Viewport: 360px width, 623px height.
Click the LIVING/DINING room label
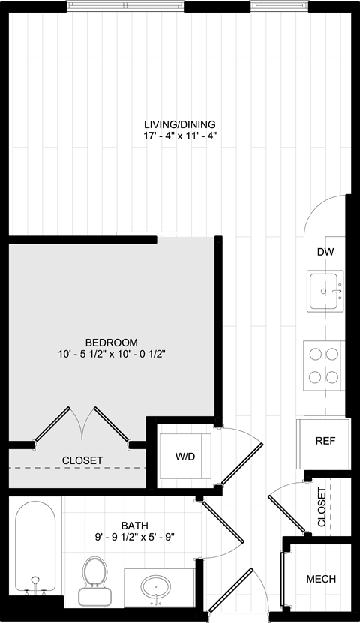pos(179,124)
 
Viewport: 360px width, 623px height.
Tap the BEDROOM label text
pos(112,342)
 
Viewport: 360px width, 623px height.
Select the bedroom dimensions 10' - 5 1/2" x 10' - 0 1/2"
pos(112,354)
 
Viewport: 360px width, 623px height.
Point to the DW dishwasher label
pos(325,251)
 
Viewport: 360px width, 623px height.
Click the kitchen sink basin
pos(325,290)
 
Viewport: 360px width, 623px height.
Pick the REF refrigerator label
pos(325,441)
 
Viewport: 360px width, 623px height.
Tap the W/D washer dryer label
pos(185,457)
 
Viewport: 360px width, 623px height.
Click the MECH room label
pos(321,579)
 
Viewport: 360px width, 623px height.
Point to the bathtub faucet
pos(35,586)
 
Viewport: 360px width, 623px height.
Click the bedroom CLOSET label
pos(82,460)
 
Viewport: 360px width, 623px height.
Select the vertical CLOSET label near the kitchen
pos(322,507)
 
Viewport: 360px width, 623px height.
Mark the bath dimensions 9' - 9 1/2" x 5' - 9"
pos(132,538)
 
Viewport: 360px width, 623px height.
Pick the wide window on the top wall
pos(125,6)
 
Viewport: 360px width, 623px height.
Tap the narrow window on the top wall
pos(279,6)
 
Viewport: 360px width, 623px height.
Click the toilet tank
pos(95,595)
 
